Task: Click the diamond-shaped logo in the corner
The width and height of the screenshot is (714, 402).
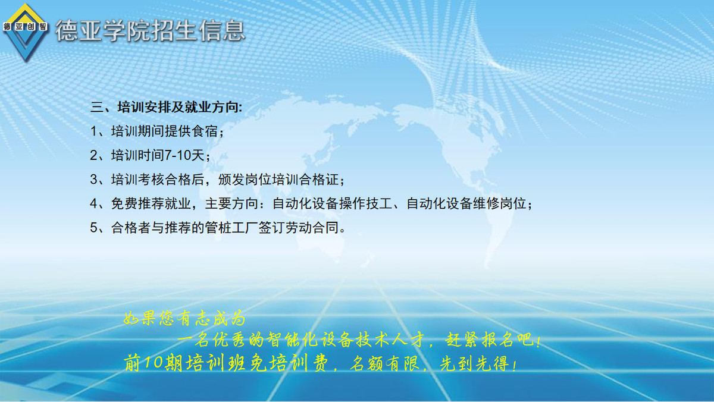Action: point(25,33)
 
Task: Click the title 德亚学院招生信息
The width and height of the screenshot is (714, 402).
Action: point(150,31)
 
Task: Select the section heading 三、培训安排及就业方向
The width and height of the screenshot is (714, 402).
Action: point(166,107)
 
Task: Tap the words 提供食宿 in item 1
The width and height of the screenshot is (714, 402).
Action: point(191,131)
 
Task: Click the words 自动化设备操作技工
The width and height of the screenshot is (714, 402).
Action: point(332,203)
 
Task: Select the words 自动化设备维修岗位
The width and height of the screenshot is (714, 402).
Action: point(466,203)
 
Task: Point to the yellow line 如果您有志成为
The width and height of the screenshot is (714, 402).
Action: point(184,319)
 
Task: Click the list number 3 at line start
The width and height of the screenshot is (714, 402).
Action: point(94,180)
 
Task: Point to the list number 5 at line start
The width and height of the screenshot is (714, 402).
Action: point(94,228)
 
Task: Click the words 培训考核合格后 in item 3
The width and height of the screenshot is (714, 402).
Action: point(158,180)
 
